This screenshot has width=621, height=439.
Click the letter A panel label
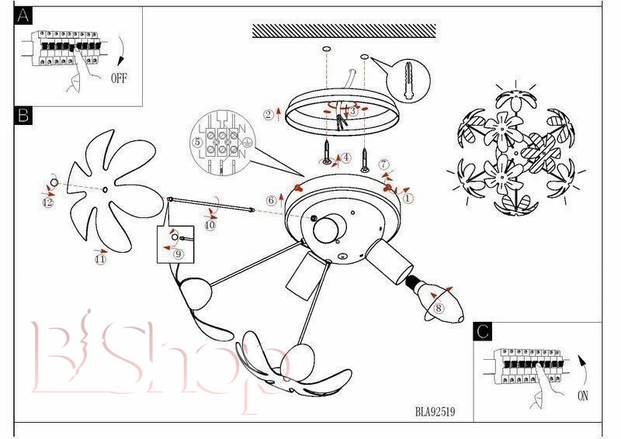pyautogui.click(x=23, y=16)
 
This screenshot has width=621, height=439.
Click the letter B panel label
pyautogui.click(x=23, y=116)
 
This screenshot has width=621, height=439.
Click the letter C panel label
pyautogui.click(x=483, y=331)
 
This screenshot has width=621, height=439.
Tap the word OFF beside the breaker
pyautogui.click(x=119, y=78)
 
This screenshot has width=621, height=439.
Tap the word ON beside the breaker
pyautogui.click(x=583, y=396)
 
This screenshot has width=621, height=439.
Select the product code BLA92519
pyautogui.click(x=435, y=412)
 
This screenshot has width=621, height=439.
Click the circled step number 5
pyautogui.click(x=197, y=142)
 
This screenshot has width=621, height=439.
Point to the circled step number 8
pyautogui.click(x=439, y=308)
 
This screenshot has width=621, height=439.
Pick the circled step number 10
pyautogui.click(x=210, y=225)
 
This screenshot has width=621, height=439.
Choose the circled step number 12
pyautogui.click(x=47, y=202)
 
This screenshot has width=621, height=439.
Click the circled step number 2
pyautogui.click(x=269, y=115)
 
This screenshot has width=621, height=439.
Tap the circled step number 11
pyautogui.click(x=101, y=260)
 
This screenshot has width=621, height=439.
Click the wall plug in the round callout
pyautogui.click(x=408, y=81)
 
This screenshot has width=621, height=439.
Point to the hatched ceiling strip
pyautogui.click(x=344, y=31)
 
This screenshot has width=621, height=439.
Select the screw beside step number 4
pyautogui.click(x=327, y=152)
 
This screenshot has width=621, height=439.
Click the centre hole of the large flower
pyautogui.click(x=105, y=189)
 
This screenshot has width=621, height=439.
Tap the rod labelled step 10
pyautogui.click(x=210, y=204)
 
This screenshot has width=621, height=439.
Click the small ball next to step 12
pyautogui.click(x=54, y=183)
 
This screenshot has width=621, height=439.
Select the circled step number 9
pyautogui.click(x=179, y=254)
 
